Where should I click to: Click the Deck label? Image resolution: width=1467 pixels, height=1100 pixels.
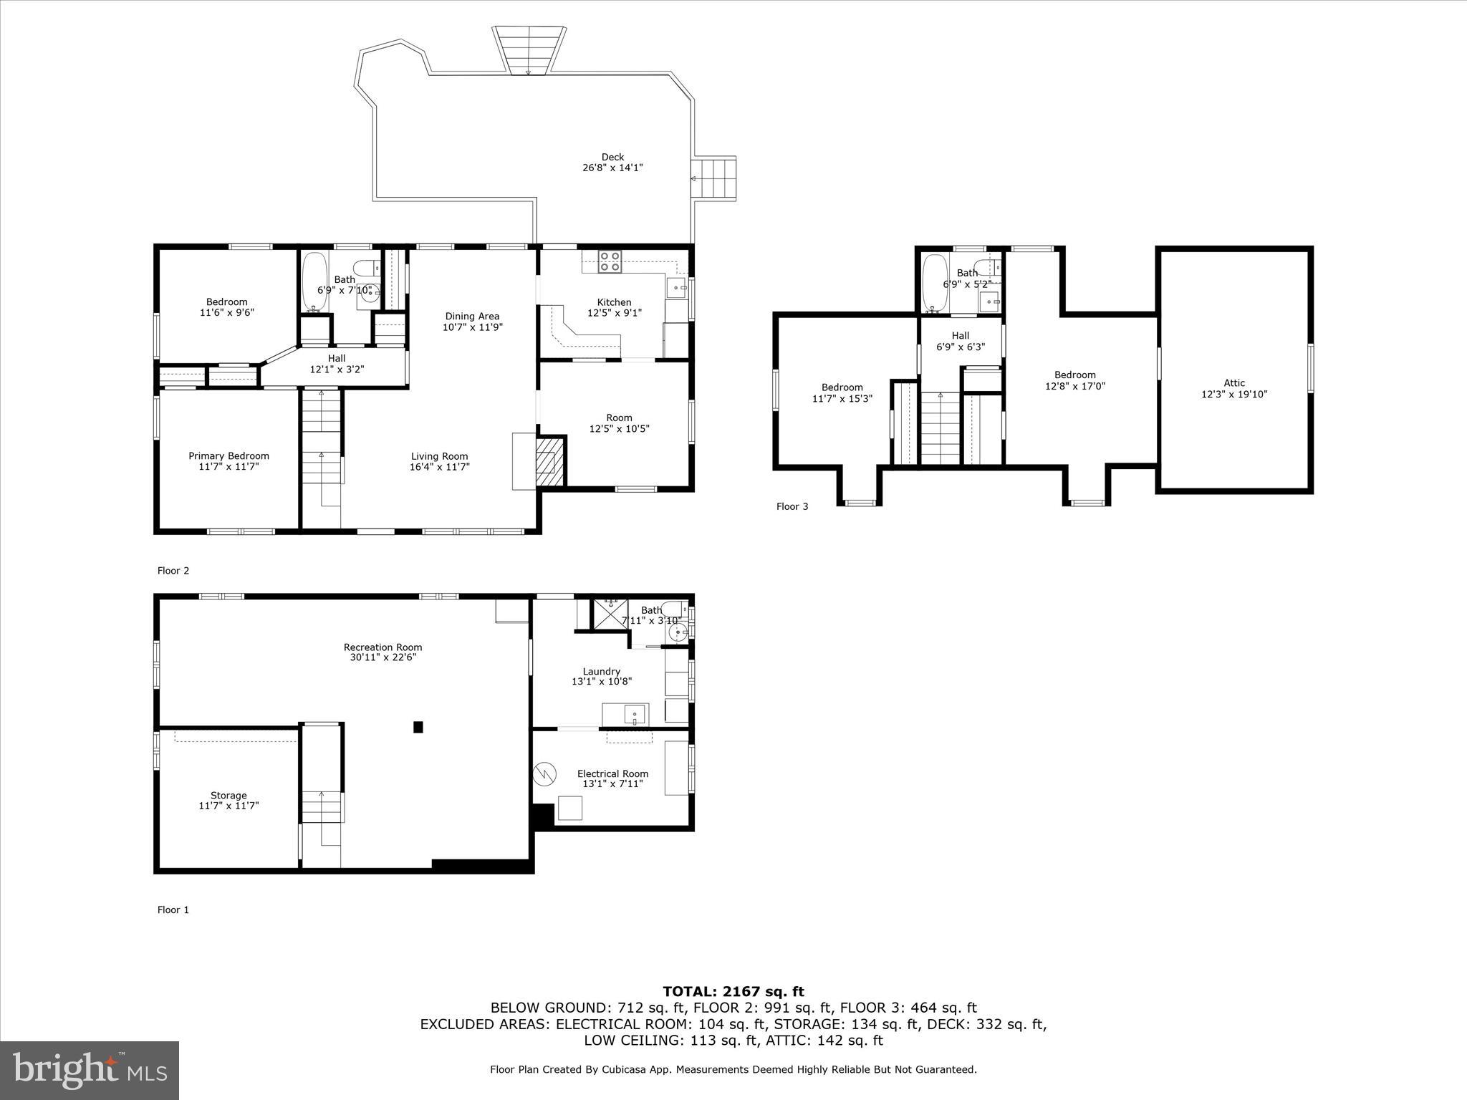(x=612, y=158)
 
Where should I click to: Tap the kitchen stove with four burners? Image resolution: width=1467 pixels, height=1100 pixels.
(x=610, y=262)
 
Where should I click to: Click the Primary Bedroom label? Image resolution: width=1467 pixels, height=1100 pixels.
(x=229, y=456)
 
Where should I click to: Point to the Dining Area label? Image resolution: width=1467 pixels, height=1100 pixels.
(x=472, y=317)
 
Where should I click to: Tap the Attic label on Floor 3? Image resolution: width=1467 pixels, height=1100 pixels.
(x=1234, y=383)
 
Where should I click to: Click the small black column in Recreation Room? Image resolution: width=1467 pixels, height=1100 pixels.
(x=418, y=727)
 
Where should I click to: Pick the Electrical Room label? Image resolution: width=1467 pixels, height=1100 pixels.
(x=612, y=773)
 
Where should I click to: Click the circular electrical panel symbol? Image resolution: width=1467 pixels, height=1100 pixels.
(x=545, y=773)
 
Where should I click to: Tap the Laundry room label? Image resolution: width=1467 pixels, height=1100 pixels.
(x=601, y=672)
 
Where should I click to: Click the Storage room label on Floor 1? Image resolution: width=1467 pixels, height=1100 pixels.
(x=229, y=796)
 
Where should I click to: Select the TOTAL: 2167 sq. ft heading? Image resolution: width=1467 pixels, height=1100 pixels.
(x=733, y=992)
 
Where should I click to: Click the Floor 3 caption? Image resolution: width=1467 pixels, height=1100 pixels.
(x=792, y=507)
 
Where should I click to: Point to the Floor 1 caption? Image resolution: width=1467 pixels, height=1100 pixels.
(x=173, y=910)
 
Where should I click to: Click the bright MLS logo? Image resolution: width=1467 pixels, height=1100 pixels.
(x=90, y=1071)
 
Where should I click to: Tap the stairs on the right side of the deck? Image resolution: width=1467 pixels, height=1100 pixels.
(x=714, y=179)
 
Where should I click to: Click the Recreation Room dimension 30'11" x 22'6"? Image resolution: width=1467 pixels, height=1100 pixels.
(x=383, y=657)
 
